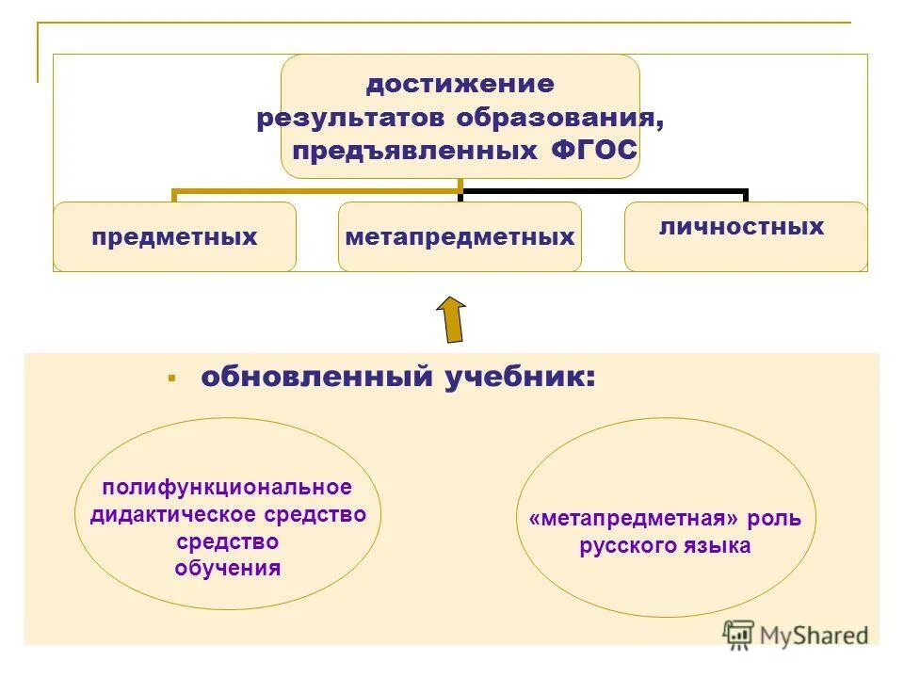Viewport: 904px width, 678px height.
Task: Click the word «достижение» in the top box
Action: coord(460,85)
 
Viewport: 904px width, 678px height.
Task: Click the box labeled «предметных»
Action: coord(174,237)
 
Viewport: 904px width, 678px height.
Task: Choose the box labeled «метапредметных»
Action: coord(460,237)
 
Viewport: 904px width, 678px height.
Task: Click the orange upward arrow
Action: coord(452,319)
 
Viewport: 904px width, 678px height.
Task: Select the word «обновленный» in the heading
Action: coord(315,378)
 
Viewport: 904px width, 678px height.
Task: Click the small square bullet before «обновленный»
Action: coord(172,378)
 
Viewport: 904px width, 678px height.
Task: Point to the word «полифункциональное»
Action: coord(227,488)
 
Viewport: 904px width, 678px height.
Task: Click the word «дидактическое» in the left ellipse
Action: coord(168,514)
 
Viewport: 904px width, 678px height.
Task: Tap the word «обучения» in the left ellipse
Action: coord(228,569)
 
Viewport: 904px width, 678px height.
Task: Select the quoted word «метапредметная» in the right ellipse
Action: coord(633,520)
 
